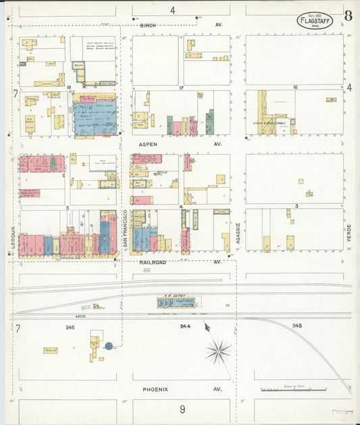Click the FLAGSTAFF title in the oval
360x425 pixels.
pos(314,21)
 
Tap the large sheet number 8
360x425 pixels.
pos(348,16)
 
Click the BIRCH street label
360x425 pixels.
pos(148,25)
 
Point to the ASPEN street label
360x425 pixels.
pos(148,145)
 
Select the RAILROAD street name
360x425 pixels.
pos(153,261)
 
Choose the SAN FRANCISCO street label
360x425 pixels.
pos(124,230)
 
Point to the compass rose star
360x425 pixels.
pos(218,350)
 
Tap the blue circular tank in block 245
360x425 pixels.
pos(108,346)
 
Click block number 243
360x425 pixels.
pos(297,326)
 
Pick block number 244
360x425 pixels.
pos(185,326)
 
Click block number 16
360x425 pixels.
pos(295,88)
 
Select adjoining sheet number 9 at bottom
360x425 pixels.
pos(182,409)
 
